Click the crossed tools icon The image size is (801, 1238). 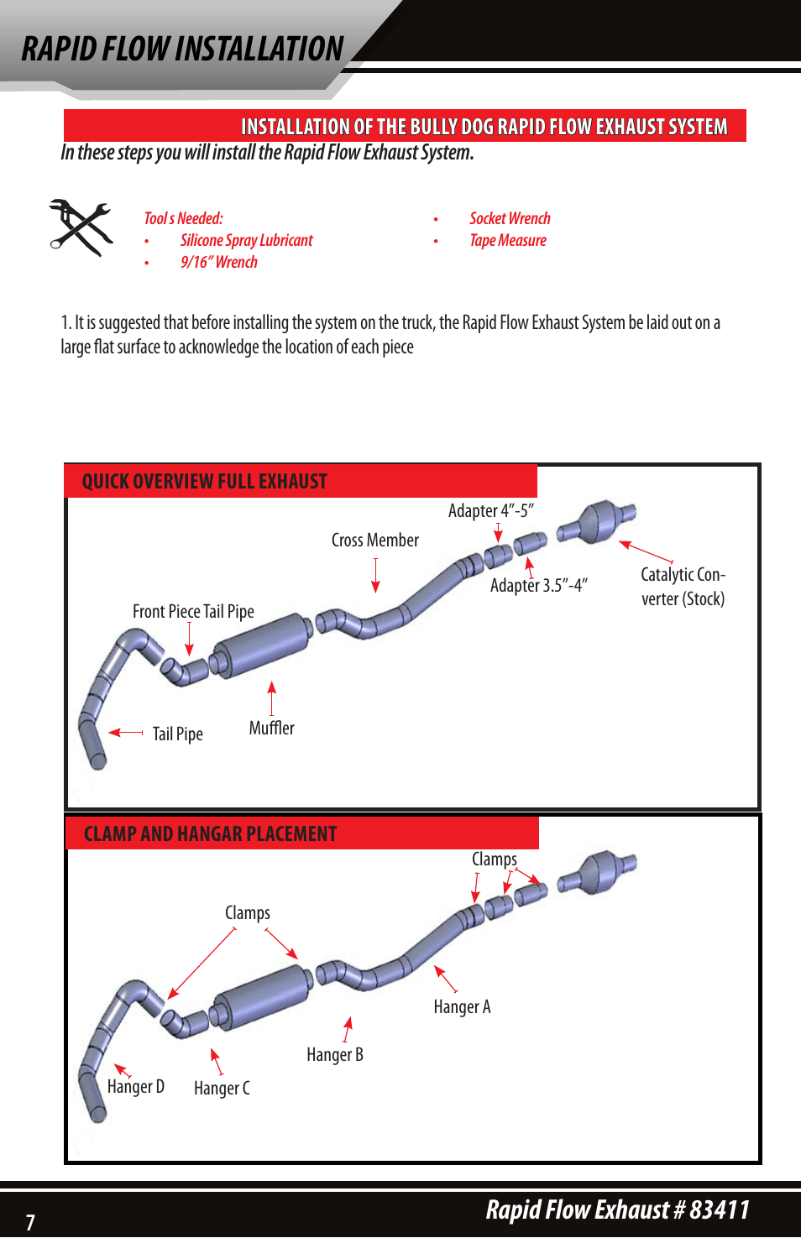(x=81, y=227)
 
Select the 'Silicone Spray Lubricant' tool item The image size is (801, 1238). (x=246, y=241)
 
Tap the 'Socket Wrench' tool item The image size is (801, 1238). (x=510, y=219)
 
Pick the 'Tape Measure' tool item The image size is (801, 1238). (x=508, y=241)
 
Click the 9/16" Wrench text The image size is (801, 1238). (x=219, y=263)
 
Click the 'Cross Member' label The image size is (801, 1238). (x=374, y=541)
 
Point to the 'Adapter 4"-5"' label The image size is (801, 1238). (x=490, y=511)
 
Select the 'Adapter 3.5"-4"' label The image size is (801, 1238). (x=538, y=586)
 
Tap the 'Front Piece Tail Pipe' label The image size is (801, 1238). (x=193, y=612)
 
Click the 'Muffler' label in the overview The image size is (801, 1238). (x=271, y=729)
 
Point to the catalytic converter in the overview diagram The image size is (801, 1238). (x=597, y=522)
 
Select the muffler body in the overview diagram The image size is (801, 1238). (x=261, y=645)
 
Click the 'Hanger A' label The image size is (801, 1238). (x=462, y=1007)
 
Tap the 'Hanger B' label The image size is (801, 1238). (x=334, y=1055)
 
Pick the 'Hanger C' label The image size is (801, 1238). (x=222, y=1089)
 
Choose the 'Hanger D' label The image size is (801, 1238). (x=135, y=1087)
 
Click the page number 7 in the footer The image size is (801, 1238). (x=30, y=1222)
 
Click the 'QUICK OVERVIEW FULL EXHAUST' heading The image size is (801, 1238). (x=204, y=482)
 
